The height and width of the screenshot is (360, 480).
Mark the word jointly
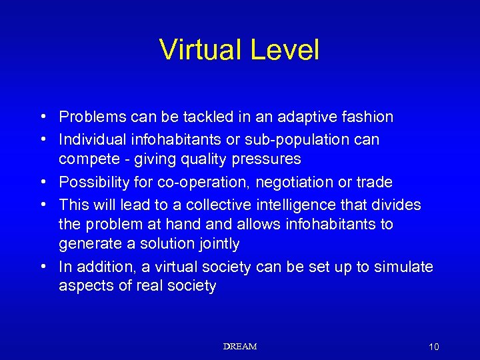217,244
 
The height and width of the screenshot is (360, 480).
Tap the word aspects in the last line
85,287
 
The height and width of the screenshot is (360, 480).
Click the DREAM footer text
240,346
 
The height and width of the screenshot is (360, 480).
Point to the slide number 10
434,347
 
